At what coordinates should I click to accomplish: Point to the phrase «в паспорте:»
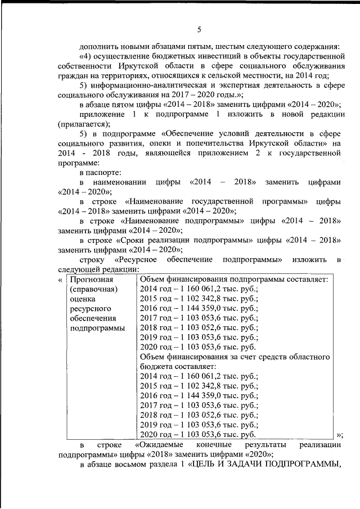(101, 173)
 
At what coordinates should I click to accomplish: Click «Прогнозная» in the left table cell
(92, 280)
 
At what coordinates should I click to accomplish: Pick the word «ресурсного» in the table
(89, 309)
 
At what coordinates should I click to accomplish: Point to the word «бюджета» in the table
(155, 367)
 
